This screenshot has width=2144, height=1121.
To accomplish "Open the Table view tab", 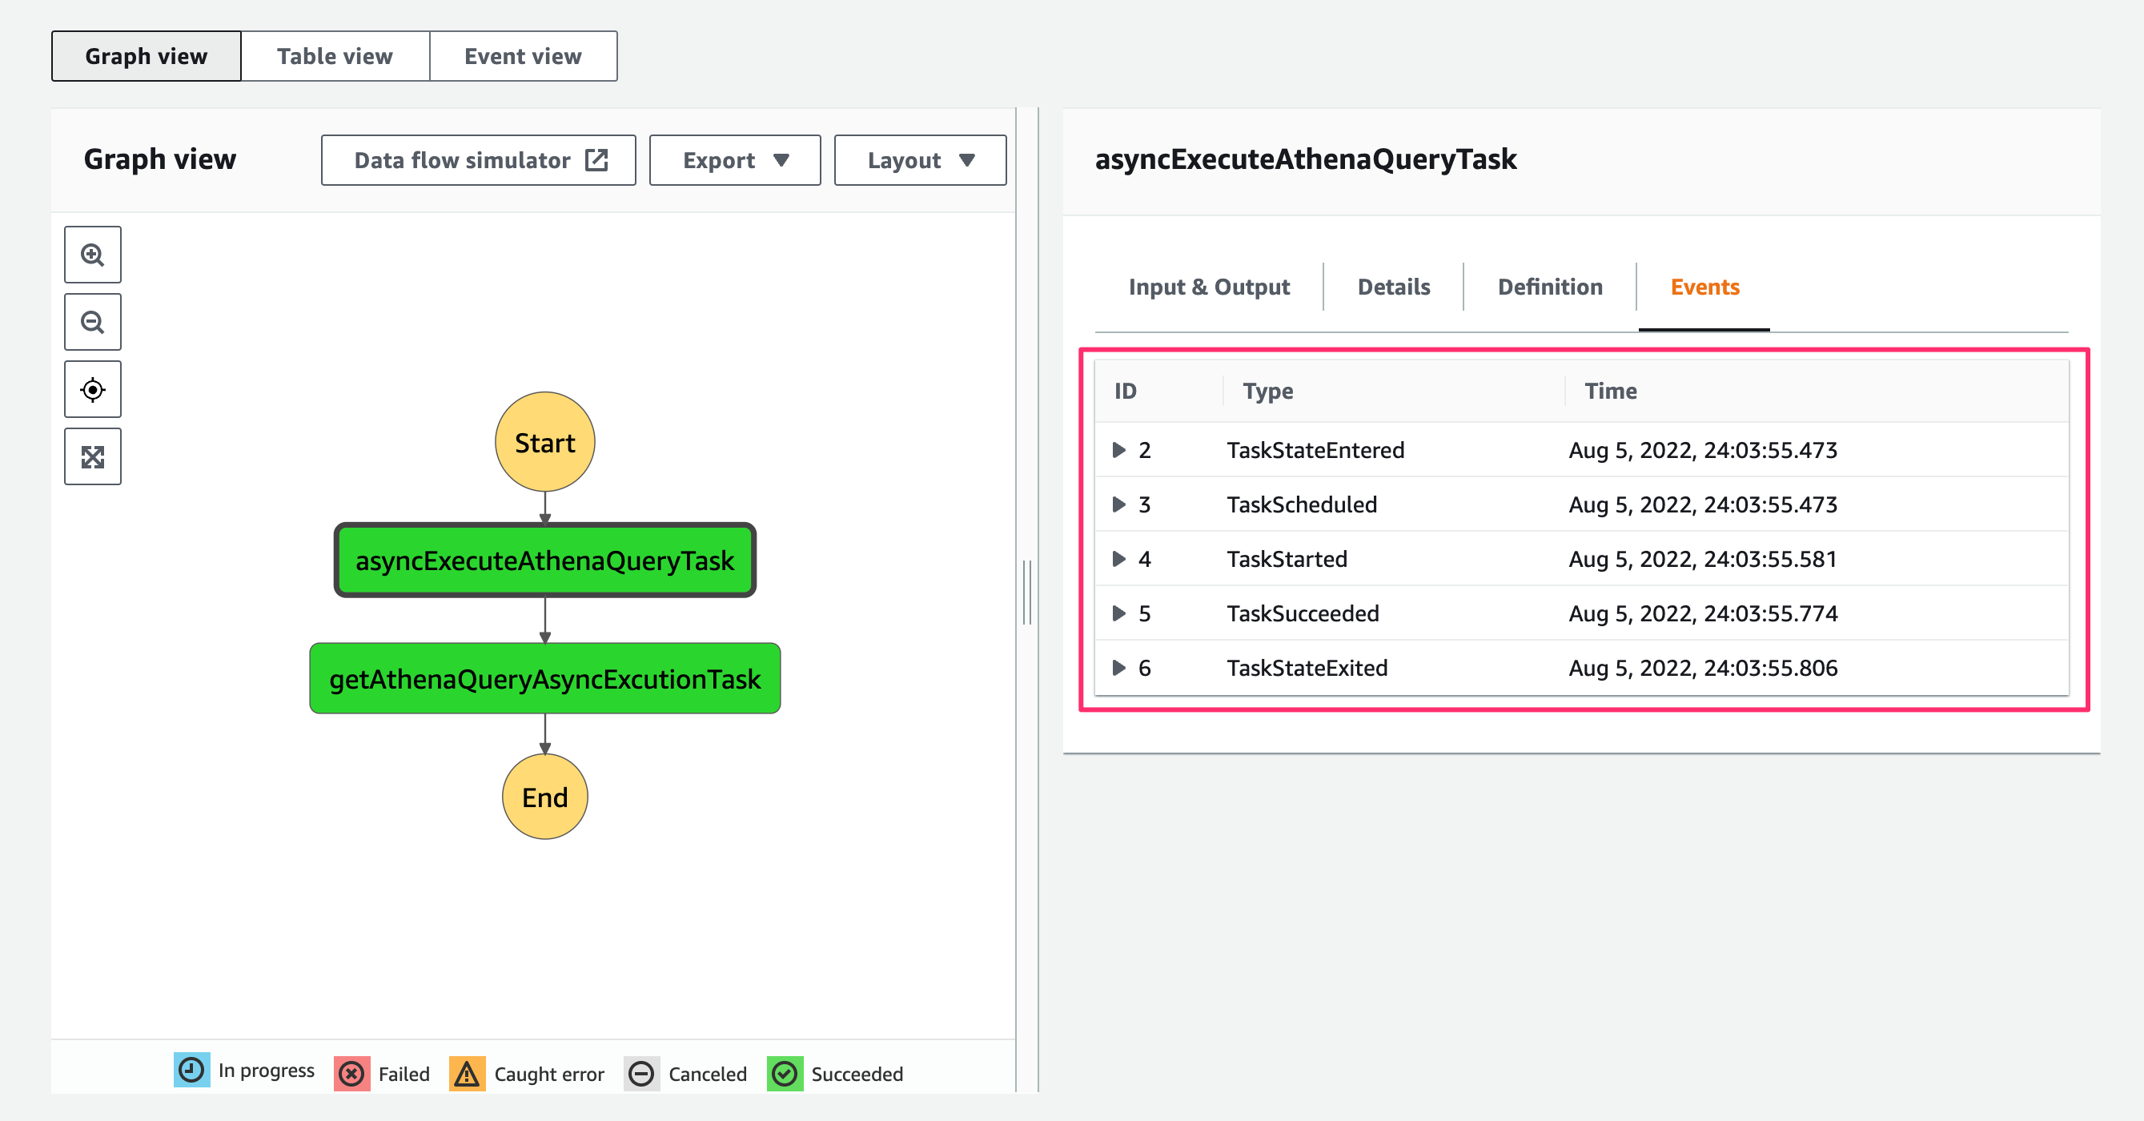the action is (x=335, y=57).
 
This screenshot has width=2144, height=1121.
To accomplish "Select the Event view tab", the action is (x=524, y=57).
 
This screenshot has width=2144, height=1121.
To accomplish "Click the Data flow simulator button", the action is (x=479, y=160).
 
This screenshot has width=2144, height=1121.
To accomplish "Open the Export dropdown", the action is (x=735, y=160).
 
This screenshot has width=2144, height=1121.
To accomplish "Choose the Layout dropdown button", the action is (x=920, y=160).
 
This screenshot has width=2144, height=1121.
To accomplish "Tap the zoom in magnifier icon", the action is (x=92, y=255).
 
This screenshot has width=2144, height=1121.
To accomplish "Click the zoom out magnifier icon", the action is (x=92, y=322).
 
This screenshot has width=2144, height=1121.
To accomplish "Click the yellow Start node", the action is (x=545, y=442).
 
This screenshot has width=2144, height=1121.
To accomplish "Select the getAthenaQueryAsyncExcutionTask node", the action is (x=545, y=678).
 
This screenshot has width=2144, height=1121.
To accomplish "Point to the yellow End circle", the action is (x=545, y=797).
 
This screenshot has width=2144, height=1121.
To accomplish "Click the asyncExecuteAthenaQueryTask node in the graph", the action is (x=545, y=560).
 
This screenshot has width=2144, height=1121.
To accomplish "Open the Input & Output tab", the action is (x=1210, y=287).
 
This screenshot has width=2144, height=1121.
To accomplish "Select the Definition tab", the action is (x=1550, y=287).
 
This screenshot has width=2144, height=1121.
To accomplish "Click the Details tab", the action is (x=1394, y=287).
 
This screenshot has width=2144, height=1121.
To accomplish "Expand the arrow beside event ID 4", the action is (x=1119, y=558).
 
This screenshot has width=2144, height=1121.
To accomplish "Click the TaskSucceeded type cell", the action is (x=1303, y=613).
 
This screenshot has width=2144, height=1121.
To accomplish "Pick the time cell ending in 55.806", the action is (x=1703, y=668).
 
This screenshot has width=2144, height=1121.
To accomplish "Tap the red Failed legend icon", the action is (x=352, y=1074).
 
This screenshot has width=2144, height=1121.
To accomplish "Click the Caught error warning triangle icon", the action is (x=468, y=1074).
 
